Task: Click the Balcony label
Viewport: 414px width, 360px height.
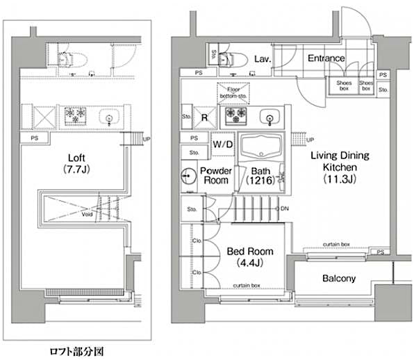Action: [339, 279]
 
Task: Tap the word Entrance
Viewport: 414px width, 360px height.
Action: [326, 58]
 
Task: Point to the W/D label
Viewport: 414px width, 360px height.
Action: [222, 145]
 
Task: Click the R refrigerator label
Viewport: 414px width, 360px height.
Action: [205, 117]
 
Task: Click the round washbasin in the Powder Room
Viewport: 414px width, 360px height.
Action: [188, 174]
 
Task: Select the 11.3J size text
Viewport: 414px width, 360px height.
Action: [339, 179]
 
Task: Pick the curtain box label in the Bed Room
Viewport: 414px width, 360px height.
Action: [247, 285]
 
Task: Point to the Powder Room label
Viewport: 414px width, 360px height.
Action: [215, 174]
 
